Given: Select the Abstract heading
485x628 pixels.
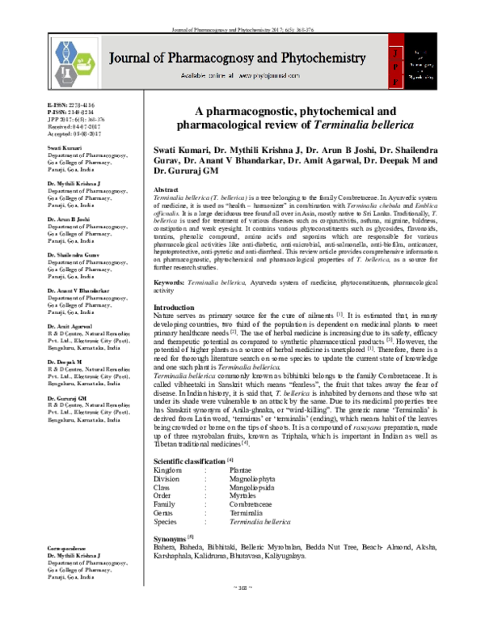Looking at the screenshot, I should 167,187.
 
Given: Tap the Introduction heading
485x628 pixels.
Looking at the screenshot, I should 174,308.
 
